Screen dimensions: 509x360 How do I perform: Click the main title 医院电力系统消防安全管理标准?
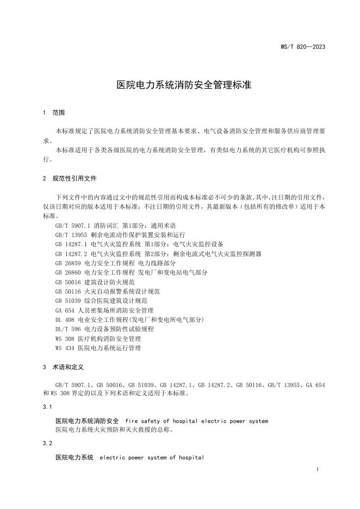coord(179,85)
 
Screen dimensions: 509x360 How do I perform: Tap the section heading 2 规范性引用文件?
coord(70,178)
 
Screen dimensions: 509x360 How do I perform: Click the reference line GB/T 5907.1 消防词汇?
coord(115,225)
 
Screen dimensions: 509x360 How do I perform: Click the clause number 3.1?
coord(47,407)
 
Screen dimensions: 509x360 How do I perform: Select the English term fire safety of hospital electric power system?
coord(196,421)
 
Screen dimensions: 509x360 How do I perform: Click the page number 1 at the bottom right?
coord(318,468)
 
